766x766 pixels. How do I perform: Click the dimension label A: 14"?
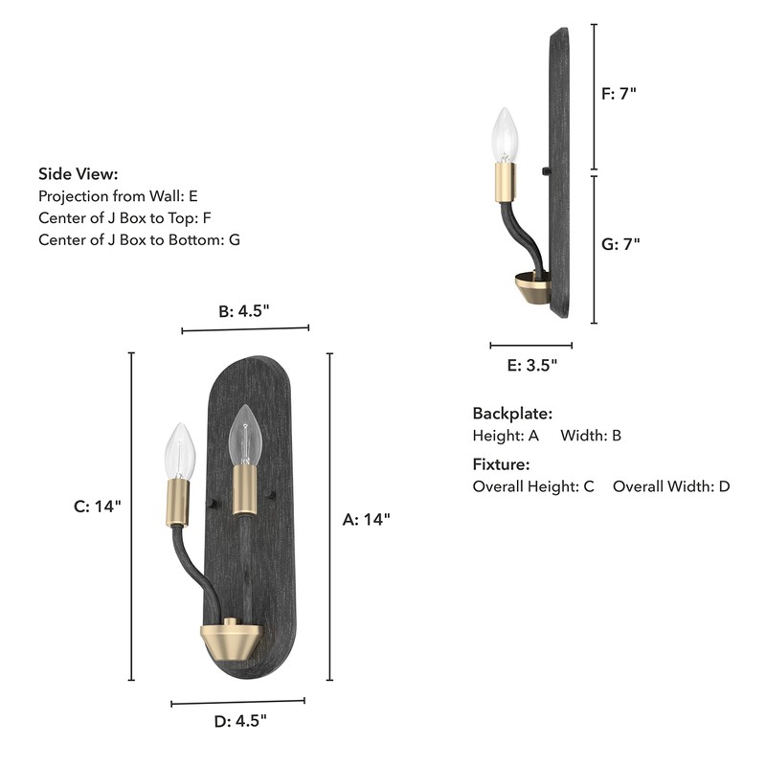point(367,520)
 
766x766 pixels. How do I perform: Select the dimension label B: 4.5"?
point(244,310)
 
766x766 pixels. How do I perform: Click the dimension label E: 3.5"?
point(531,365)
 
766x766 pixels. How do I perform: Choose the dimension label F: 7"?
point(619,94)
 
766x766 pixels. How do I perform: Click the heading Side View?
point(79,173)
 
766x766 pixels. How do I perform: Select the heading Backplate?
point(512,414)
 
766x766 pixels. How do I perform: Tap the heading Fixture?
point(501,464)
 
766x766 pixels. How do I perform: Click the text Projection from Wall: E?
point(118,195)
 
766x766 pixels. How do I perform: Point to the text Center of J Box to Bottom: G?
point(139,239)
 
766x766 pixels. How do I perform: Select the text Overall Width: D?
point(671,486)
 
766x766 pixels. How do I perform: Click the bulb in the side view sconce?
point(505,136)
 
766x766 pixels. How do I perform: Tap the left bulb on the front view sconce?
point(179,450)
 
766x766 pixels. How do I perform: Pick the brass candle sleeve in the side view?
point(505,182)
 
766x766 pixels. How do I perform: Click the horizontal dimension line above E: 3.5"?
point(531,346)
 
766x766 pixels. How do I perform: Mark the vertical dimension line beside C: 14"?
point(131,517)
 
